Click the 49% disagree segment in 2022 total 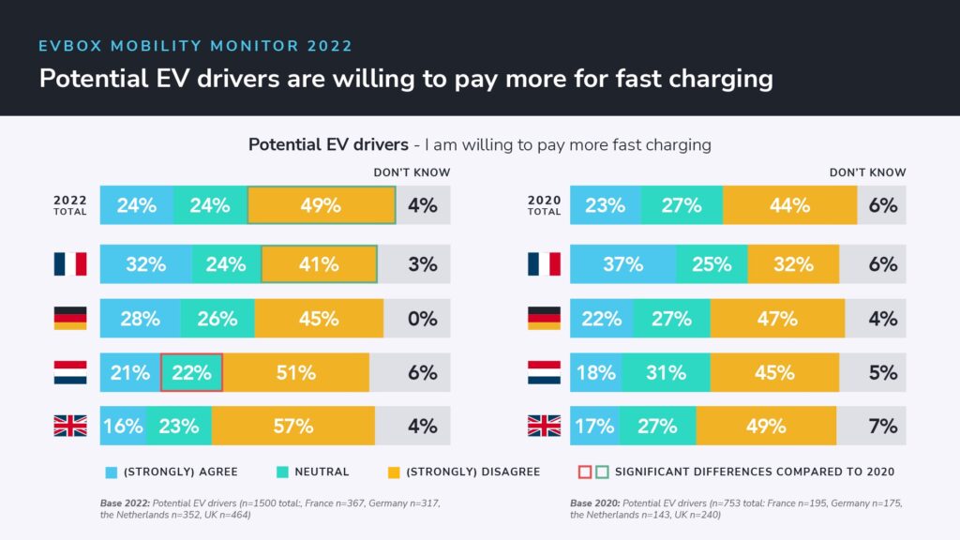point(321,205)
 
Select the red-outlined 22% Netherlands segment point(191,372)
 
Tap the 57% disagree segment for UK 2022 point(293,426)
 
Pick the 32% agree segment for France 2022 point(145,264)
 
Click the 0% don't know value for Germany point(422,318)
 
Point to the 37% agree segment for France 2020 point(622,264)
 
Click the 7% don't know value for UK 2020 point(882,426)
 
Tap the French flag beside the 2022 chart point(69,264)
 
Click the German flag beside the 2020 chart point(544,318)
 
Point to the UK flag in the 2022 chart point(69,426)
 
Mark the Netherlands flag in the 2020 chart point(544,372)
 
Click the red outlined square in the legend point(584,472)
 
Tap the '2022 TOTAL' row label point(69,205)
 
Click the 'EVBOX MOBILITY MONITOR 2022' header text point(196,46)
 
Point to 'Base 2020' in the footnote point(592,503)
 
